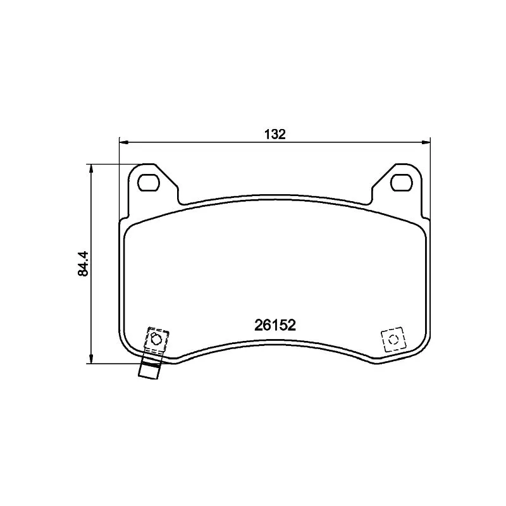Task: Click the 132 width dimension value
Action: [x=275, y=134]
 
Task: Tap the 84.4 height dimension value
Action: [x=82, y=263]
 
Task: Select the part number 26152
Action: [x=275, y=325]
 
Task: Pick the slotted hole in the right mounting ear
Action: [x=401, y=182]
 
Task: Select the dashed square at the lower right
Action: [x=392, y=340]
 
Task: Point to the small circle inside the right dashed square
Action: [x=392, y=340]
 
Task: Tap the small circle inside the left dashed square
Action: [x=156, y=339]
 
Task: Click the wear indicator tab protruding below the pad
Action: [x=149, y=372]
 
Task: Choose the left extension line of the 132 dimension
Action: [x=120, y=177]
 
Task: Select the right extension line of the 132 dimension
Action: [x=430, y=177]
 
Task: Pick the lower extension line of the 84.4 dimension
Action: [x=114, y=364]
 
